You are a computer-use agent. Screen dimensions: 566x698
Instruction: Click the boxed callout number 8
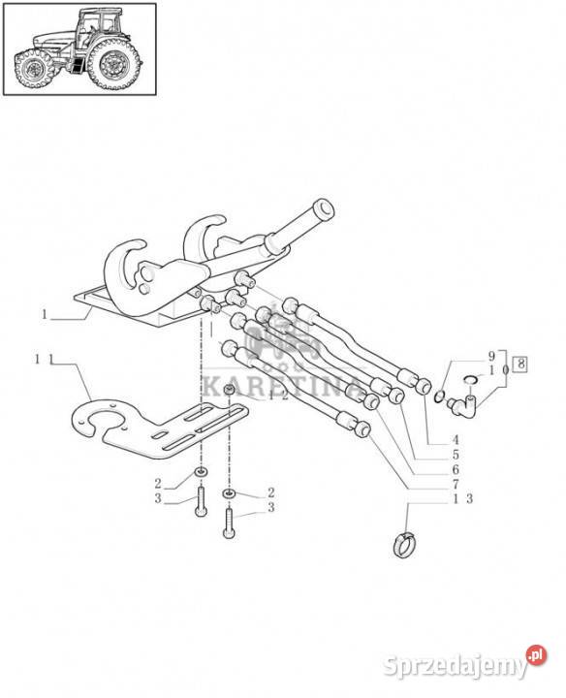click(x=519, y=365)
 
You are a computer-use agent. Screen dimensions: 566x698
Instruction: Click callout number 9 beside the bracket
click(x=491, y=356)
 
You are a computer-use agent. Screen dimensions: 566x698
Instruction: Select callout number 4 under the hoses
click(x=456, y=440)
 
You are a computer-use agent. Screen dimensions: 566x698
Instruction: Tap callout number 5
click(x=456, y=455)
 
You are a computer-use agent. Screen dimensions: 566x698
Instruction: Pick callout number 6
click(x=456, y=469)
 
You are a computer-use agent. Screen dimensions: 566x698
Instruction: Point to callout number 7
click(x=456, y=484)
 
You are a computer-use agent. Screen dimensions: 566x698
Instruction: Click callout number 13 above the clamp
click(x=462, y=499)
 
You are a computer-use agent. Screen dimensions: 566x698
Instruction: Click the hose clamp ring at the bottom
click(x=405, y=545)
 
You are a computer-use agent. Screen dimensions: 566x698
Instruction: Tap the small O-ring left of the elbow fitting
click(x=438, y=396)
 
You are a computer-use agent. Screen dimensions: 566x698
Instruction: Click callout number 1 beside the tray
click(x=44, y=315)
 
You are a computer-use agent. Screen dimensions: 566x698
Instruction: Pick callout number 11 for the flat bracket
click(x=45, y=359)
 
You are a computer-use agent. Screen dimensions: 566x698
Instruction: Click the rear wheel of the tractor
click(x=114, y=65)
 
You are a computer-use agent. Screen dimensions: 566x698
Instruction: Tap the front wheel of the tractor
click(x=33, y=69)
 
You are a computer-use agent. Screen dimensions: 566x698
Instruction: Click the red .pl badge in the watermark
click(x=537, y=655)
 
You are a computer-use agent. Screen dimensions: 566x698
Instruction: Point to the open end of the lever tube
click(x=323, y=208)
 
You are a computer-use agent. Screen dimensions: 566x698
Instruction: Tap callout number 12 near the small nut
click(x=278, y=395)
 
